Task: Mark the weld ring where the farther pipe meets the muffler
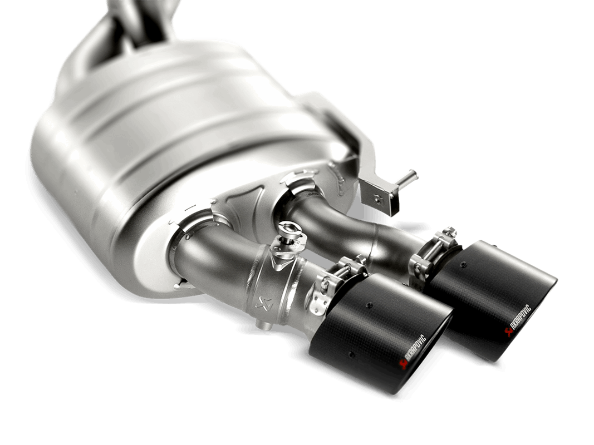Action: click(303, 184)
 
